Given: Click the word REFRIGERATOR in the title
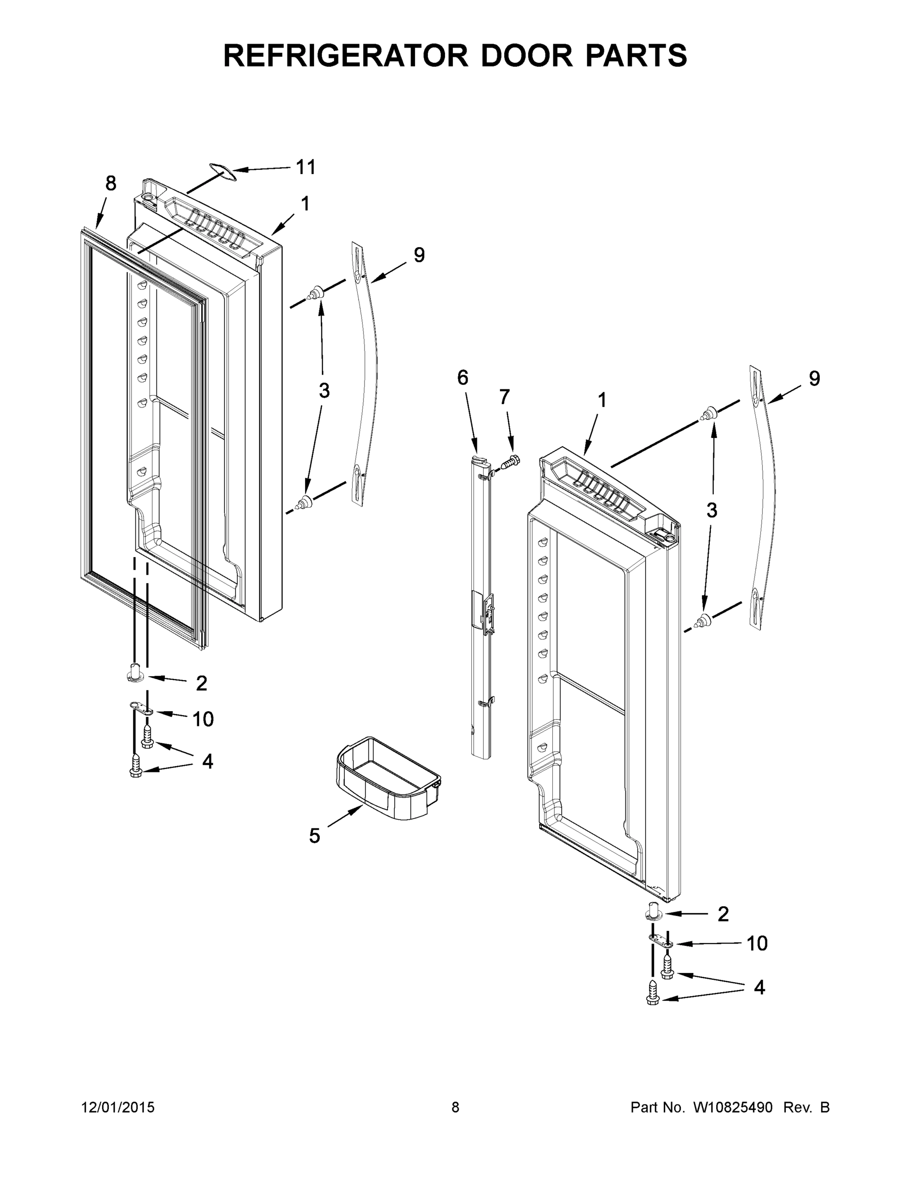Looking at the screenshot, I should (x=345, y=55).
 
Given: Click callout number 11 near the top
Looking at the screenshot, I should (x=306, y=167).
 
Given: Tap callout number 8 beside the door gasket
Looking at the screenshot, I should (x=110, y=184).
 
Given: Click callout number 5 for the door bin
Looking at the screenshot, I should (x=314, y=836).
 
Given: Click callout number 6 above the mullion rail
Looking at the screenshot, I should (x=463, y=378).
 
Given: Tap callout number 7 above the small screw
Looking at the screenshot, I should (x=504, y=397).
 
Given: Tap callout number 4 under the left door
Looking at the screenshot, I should (x=208, y=761).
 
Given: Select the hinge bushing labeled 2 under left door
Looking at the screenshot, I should (x=135, y=674).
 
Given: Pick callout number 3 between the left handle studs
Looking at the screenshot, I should (x=324, y=390).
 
